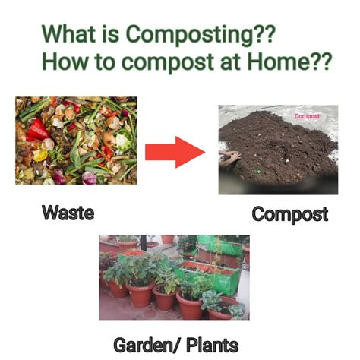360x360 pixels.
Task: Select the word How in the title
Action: tap(63, 61)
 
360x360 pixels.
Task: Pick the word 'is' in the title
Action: tap(111, 33)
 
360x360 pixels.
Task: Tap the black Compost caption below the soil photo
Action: tap(290, 214)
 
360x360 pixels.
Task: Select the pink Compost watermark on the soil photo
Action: tap(307, 116)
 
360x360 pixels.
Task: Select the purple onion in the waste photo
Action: tap(89, 178)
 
